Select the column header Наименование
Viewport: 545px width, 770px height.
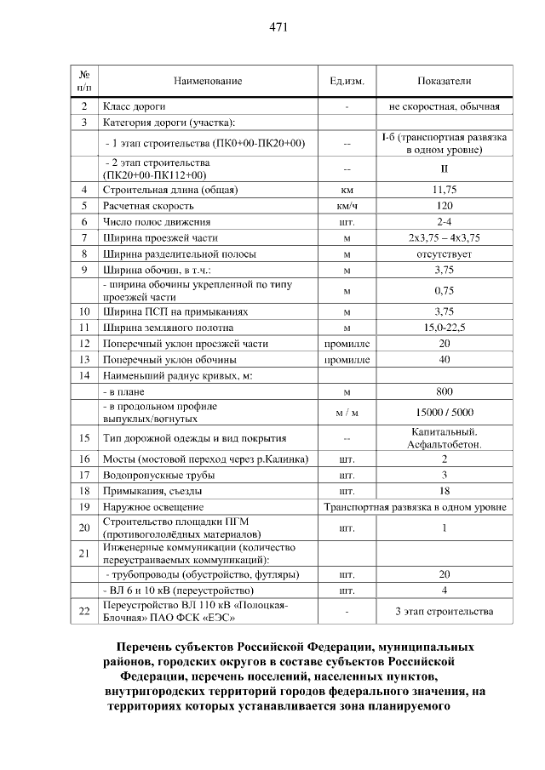pyautogui.click(x=208, y=81)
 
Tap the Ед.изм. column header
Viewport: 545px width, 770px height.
pyautogui.click(x=347, y=81)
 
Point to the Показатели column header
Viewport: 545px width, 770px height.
pyautogui.click(x=444, y=81)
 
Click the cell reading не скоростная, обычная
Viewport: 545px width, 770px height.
pyautogui.click(x=444, y=107)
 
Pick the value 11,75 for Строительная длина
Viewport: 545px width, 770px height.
pyautogui.click(x=444, y=190)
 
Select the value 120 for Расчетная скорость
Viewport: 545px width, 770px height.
pyautogui.click(x=444, y=206)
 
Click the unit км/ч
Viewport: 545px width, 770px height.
pyautogui.click(x=347, y=206)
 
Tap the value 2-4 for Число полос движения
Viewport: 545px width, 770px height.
pyautogui.click(x=444, y=221)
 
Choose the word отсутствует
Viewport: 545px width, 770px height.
pyautogui.click(x=444, y=254)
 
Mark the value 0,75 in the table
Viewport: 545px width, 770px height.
pyautogui.click(x=444, y=291)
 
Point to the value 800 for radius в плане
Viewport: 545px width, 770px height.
pyautogui.click(x=444, y=392)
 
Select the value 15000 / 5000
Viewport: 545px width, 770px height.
pyautogui.click(x=444, y=414)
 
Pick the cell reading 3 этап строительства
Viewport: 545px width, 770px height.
pyautogui.click(x=444, y=611)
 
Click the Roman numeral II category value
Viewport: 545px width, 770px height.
pyautogui.click(x=444, y=168)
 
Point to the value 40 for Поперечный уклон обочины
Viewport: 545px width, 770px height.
pyautogui.click(x=444, y=360)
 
